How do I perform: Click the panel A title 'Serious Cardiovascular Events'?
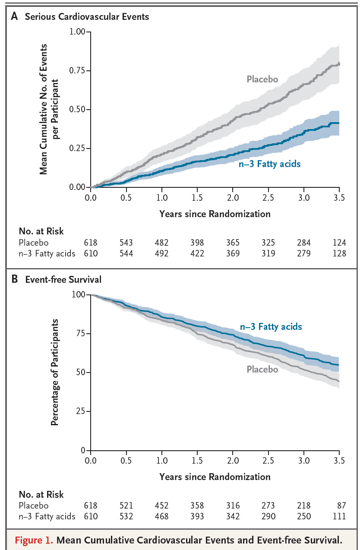(x=87, y=17)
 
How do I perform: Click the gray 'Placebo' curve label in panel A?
(x=262, y=79)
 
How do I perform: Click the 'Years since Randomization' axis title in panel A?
(x=215, y=214)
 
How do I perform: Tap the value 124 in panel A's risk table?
(x=339, y=243)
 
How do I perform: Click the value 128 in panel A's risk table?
(x=339, y=253)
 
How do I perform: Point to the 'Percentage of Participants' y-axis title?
(x=54, y=372)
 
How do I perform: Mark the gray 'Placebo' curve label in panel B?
(x=262, y=369)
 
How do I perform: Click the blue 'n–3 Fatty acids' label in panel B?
(x=271, y=326)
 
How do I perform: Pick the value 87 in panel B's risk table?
(x=341, y=506)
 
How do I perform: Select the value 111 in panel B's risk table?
(x=339, y=516)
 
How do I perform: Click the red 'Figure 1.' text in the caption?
(x=34, y=540)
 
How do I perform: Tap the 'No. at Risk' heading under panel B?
(x=41, y=494)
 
